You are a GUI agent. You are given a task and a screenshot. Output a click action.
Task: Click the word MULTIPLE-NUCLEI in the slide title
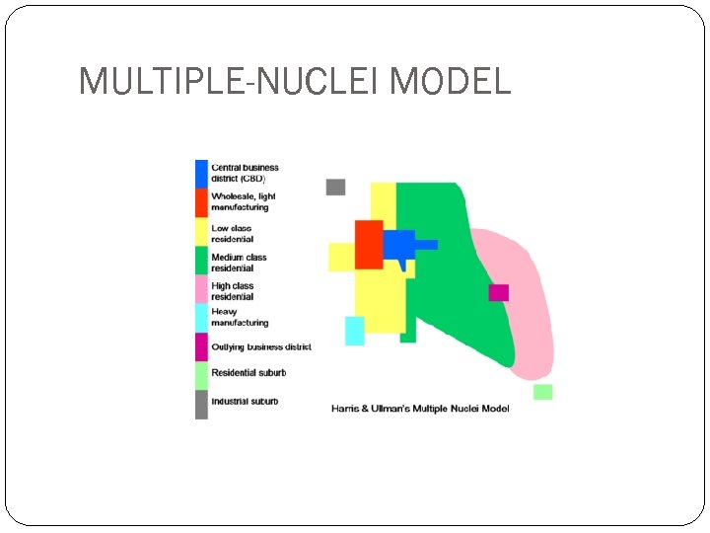pos(231,81)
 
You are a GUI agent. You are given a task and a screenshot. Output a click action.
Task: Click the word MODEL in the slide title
pos(451,81)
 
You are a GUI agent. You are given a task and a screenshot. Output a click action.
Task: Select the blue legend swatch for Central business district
pos(201,174)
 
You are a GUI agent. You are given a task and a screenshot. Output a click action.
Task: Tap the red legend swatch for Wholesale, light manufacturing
pos(201,202)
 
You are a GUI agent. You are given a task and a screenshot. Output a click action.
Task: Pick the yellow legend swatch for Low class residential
pos(201,232)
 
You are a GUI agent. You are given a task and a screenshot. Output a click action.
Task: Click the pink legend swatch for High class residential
pos(201,290)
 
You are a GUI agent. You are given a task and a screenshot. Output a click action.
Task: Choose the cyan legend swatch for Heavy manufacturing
pos(201,318)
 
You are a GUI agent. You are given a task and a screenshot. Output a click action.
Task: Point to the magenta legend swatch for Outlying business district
pos(201,347)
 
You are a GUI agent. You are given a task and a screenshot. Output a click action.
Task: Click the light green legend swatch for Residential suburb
pos(201,375)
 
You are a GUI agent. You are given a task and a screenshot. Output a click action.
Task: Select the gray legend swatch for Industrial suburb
pos(201,404)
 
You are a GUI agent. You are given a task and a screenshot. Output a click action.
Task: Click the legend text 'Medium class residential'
pos(239,263)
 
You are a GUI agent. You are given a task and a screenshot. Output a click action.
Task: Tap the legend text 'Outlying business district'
pos(261,347)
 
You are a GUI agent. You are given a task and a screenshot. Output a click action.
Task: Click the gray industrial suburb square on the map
pos(335,188)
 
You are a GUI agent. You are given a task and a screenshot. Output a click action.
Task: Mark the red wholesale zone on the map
pos(369,244)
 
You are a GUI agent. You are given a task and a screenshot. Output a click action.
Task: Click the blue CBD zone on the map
pos(398,244)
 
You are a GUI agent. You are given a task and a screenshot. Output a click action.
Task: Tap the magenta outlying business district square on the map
pos(499,292)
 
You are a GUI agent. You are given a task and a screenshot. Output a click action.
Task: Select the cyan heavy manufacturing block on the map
pos(354,331)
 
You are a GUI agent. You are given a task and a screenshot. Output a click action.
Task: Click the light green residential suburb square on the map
pos(542,392)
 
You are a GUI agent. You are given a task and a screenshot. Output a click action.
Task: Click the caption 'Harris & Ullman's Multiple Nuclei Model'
pos(420,409)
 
